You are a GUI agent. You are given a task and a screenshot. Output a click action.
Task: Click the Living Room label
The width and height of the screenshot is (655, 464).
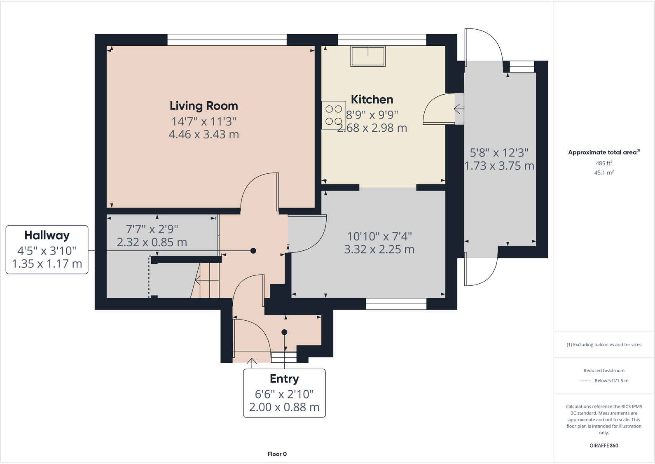point(204,106)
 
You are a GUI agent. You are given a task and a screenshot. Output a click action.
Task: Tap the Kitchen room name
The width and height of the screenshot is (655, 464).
point(372,100)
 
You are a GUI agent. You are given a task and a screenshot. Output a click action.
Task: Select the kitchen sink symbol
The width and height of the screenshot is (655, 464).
point(368,56)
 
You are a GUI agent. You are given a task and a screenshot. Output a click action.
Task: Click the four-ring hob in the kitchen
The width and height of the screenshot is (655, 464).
point(334,115)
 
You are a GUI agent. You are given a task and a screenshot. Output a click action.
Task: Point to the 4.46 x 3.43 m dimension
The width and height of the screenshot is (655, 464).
point(204,135)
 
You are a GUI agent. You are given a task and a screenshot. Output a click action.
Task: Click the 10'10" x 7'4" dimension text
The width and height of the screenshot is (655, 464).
point(379,236)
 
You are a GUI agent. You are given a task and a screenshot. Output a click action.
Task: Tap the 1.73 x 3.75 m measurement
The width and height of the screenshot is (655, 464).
point(499,166)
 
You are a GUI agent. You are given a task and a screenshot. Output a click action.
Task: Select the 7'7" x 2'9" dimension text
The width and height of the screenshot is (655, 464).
point(152,229)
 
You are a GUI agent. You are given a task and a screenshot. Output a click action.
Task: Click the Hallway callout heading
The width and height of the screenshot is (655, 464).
point(47,235)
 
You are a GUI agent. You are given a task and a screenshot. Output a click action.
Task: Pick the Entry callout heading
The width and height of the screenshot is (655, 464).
point(284,379)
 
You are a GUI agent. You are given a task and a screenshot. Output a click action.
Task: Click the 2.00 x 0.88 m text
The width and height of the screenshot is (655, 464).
point(284,407)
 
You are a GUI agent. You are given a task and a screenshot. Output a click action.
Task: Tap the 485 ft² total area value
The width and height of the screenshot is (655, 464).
point(604,163)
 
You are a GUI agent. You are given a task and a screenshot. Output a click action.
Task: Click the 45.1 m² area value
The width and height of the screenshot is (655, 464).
point(604,173)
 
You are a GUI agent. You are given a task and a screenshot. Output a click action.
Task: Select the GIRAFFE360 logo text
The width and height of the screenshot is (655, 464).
point(604,445)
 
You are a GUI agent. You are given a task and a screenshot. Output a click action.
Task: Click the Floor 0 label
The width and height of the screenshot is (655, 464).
point(277,454)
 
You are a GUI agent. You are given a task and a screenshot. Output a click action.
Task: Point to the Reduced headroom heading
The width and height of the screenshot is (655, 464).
point(604,371)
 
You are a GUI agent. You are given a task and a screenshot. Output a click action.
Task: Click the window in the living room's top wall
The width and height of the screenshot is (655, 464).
point(227,40)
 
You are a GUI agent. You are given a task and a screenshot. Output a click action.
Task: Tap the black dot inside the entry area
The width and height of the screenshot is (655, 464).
point(284,332)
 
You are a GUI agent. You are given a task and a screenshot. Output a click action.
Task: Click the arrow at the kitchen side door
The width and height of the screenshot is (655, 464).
point(458,109)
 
